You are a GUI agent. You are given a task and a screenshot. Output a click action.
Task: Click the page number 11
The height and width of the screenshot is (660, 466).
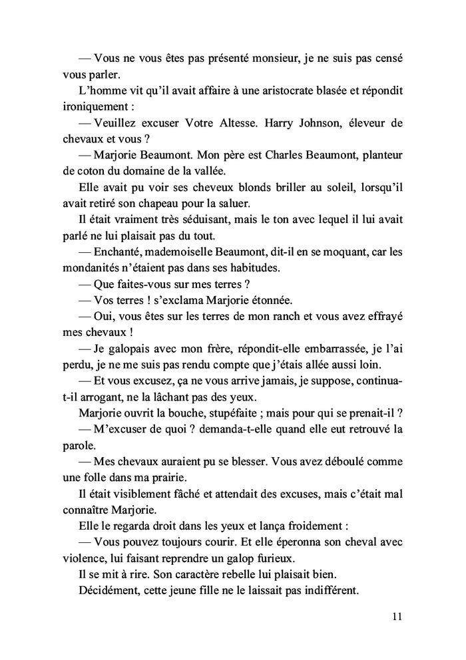point(397,616)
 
